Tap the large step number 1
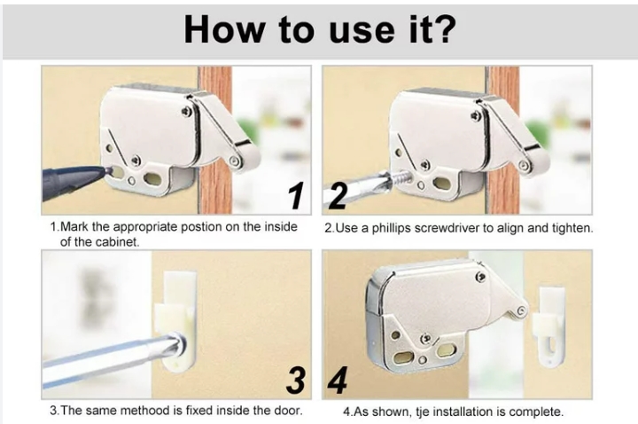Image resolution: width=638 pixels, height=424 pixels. (296, 196)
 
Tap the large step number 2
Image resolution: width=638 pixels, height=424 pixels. (338, 195)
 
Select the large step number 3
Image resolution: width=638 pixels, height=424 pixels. (296, 380)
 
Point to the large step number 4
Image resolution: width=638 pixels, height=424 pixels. (338, 380)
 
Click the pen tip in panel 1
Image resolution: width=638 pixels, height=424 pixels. (106, 169)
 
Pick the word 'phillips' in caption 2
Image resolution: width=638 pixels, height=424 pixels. (391, 229)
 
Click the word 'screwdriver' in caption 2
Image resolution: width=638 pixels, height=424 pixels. (447, 228)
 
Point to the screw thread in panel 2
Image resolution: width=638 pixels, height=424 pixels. (401, 178)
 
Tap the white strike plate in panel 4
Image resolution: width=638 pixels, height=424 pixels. (549, 326)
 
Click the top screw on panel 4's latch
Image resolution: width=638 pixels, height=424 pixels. (480, 277)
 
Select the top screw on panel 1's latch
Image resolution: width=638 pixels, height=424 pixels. (187, 111)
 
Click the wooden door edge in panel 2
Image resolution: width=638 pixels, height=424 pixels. (503, 139)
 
